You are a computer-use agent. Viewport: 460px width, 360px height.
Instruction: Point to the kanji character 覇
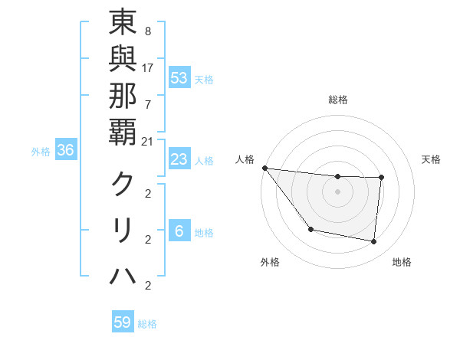123,129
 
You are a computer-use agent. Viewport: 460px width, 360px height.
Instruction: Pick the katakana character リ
123,230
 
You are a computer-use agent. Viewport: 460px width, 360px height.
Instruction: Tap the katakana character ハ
123,275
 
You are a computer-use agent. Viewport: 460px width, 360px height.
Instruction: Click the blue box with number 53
179,77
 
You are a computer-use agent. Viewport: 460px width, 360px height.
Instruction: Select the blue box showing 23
179,159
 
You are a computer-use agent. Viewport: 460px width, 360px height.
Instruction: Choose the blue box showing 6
179,231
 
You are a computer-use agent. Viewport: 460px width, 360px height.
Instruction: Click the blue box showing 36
66,151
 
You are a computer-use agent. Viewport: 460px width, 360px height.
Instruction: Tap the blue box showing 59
123,322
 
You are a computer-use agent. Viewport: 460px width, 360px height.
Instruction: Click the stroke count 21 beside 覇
147,140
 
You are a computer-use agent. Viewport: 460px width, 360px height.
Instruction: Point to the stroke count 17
147,67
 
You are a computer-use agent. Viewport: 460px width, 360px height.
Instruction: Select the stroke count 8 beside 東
147,31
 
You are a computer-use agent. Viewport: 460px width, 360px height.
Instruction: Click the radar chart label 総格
338,100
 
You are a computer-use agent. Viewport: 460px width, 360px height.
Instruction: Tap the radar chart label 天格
431,159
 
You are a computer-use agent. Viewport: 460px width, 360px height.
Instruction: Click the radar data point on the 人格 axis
264,168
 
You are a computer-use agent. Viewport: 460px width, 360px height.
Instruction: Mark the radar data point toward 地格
374,241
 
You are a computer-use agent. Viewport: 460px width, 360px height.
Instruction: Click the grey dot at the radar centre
338,191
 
